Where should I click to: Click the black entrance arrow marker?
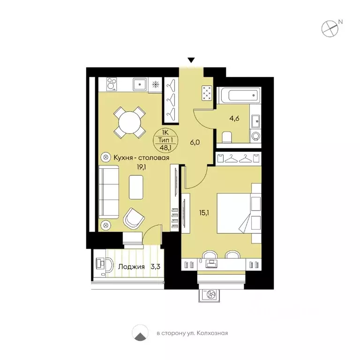point(191,60)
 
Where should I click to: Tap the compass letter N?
point(341,22)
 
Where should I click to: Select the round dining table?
point(129,122)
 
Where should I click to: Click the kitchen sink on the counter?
point(140,84)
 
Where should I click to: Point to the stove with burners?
point(112,84)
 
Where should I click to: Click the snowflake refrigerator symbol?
point(156,84)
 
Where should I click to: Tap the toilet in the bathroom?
point(227,137)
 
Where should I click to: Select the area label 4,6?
point(234,119)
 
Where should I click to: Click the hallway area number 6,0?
point(195,142)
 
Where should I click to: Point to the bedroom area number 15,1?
point(204,213)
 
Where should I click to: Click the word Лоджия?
point(132,267)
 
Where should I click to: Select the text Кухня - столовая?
point(142,157)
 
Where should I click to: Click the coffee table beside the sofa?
point(136,187)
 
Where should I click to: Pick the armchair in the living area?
point(134,218)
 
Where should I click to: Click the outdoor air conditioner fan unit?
point(209,295)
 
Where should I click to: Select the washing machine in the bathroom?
point(256,136)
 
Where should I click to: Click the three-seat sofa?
point(109,192)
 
